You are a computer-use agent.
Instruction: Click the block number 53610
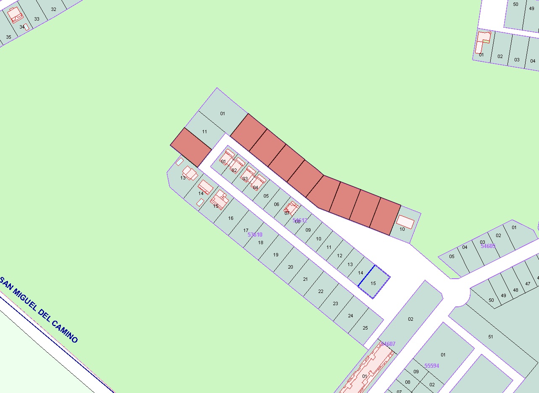[255, 235]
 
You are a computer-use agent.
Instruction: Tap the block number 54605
[488, 246]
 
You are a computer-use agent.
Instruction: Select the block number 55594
[432, 366]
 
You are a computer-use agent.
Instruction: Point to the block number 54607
[388, 344]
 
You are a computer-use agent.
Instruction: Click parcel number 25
[365, 328]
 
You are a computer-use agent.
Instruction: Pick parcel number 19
[276, 255]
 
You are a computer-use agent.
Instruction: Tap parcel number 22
[321, 291]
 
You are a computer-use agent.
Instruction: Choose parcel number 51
[491, 337]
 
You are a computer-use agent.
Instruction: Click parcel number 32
[53, 9]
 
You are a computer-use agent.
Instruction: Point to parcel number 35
[8, 37]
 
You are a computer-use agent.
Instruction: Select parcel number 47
[528, 284]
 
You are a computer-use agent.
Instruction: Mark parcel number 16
[231, 218]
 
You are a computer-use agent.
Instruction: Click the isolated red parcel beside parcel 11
[190, 147]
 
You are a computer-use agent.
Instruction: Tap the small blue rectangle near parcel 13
[179, 161]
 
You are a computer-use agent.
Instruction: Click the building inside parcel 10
[405, 222]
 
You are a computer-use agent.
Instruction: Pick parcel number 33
[37, 19]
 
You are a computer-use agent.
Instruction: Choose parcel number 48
[515, 290]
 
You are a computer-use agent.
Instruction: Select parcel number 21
[305, 279]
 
